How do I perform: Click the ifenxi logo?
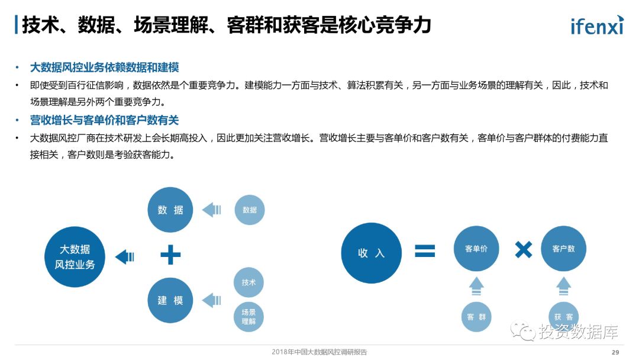pos(596,25)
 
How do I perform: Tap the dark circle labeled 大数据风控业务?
pos(75,257)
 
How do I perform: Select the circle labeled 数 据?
pos(170,210)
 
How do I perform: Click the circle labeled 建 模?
pos(170,300)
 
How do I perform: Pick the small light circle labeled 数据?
pos(250,210)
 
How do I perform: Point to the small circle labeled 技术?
pos(249,282)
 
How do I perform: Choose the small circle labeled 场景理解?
pos(248,317)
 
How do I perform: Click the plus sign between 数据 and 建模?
pos(170,255)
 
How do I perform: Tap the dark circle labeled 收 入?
pos(372,253)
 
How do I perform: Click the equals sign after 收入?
pos(424,250)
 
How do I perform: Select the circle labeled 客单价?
pos(476,249)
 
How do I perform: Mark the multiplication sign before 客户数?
pos(523,249)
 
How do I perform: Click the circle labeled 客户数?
pos(563,249)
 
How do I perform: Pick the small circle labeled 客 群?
pos(476,317)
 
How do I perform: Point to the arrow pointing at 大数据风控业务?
pos(125,257)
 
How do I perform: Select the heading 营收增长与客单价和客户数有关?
pos(104,120)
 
